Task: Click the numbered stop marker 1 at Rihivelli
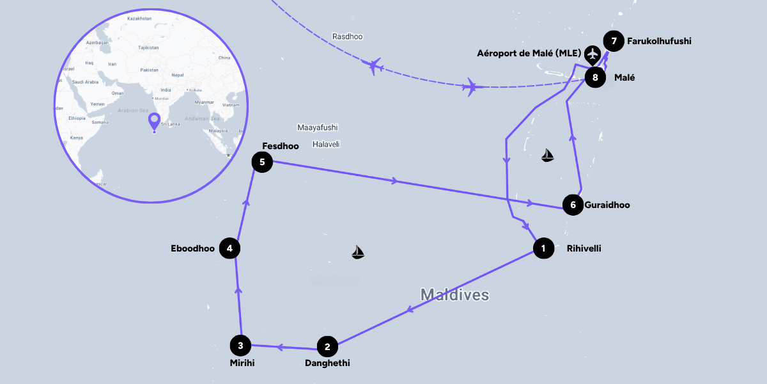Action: [543, 248]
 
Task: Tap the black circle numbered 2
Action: [327, 348]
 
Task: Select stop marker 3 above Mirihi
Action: [240, 346]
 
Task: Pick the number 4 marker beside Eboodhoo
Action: [229, 248]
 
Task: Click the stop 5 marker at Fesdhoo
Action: [262, 162]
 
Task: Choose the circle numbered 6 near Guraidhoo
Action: [573, 205]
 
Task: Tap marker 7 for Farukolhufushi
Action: [614, 42]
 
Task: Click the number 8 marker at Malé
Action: [595, 78]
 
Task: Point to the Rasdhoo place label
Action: [347, 36]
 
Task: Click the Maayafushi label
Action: [317, 127]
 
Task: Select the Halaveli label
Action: [326, 144]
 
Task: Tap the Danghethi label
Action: [327, 363]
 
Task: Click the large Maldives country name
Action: [454, 295]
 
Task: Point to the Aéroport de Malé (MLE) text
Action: [528, 53]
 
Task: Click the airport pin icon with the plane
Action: [594, 54]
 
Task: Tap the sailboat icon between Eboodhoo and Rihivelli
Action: [358, 253]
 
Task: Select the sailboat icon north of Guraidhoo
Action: [547, 155]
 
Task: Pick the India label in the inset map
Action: [166, 90]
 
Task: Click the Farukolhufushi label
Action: [659, 42]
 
